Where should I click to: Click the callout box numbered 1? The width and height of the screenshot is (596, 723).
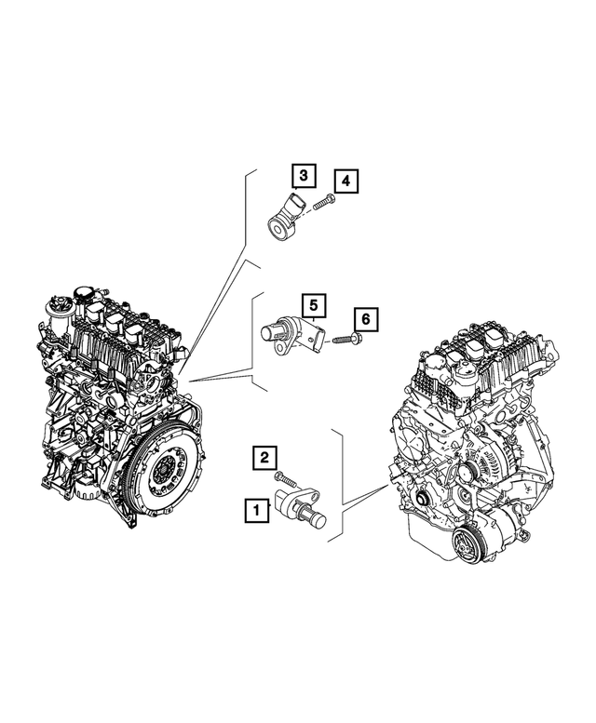pos(252,509)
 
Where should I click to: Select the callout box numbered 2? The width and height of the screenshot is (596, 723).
pos(265,457)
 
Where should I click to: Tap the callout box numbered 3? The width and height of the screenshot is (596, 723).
pos(303,175)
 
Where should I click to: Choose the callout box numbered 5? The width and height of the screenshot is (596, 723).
pos(314,303)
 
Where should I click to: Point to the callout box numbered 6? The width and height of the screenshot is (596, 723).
pos(366,320)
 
